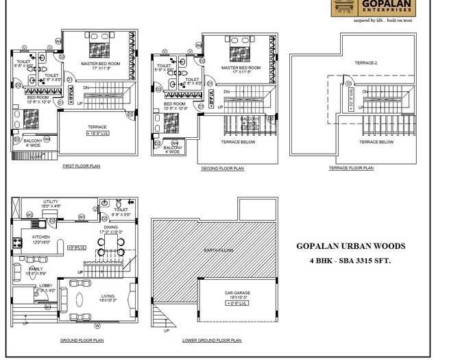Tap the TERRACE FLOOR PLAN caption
[351, 168]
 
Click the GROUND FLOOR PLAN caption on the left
[82, 340]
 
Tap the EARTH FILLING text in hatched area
[215, 250]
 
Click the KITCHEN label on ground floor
[41, 237]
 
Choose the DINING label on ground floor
[110, 227]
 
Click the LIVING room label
[107, 296]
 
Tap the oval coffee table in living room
[77, 300]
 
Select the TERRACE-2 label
[365, 63]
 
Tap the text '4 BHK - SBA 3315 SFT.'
[350, 261]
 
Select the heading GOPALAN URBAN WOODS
[350, 245]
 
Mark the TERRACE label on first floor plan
[97, 127]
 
